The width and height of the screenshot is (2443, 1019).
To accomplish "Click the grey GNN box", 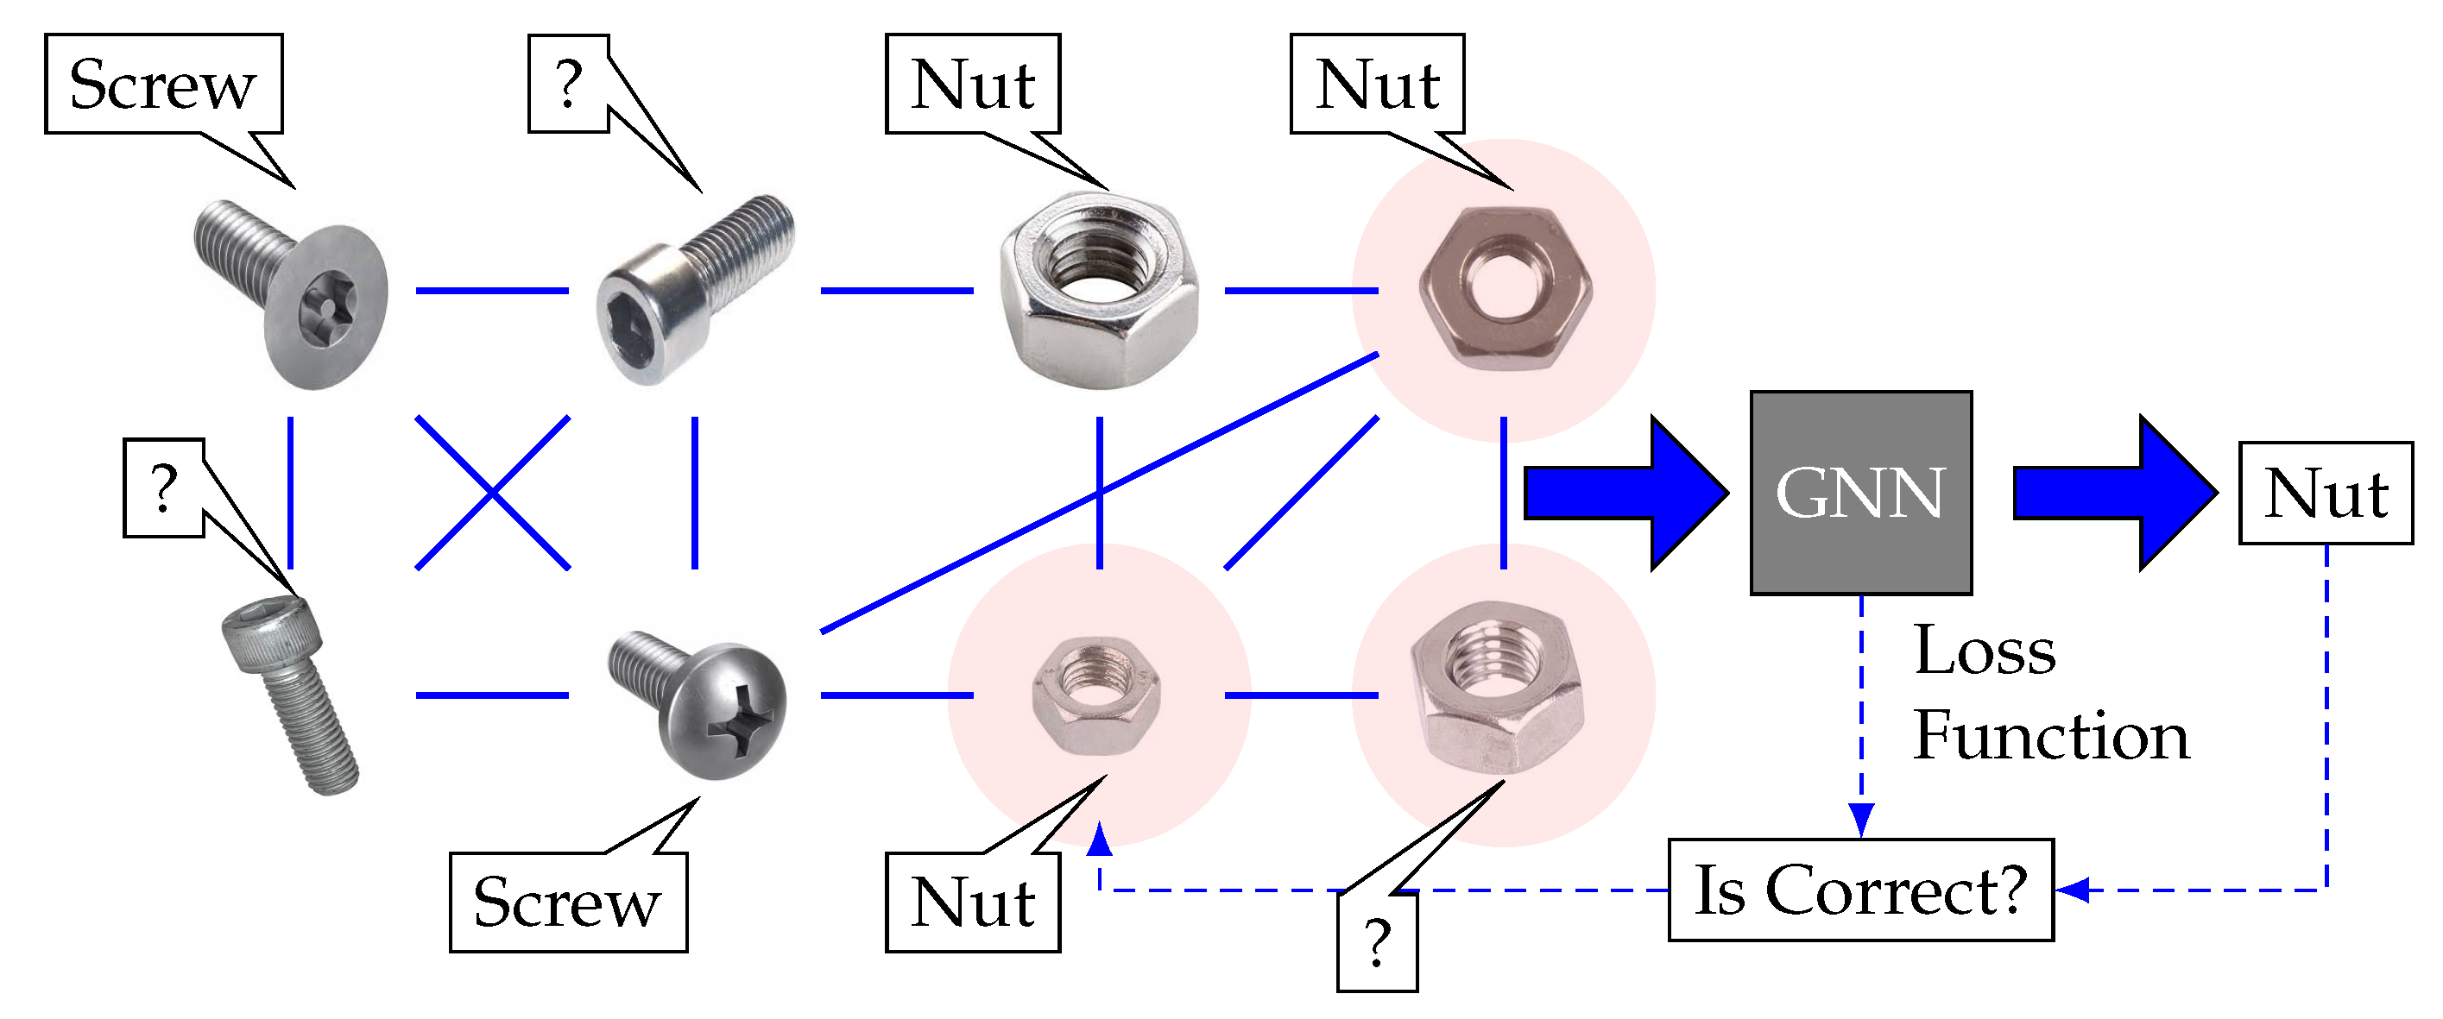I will (1859, 493).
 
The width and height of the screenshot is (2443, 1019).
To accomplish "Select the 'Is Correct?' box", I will (1859, 890).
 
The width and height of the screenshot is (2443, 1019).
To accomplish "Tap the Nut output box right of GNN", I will (2326, 493).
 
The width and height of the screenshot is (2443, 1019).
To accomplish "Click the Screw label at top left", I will (163, 85).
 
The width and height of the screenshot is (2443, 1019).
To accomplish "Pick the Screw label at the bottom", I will (567, 902).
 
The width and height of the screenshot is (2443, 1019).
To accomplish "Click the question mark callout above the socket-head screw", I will (568, 85).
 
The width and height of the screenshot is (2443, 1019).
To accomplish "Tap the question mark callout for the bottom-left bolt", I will (164, 488).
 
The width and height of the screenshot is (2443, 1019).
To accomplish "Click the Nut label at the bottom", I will (972, 902).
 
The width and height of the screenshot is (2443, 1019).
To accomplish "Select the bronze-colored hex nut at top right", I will (1504, 288).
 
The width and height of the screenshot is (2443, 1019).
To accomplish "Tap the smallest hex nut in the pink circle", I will (1096, 695).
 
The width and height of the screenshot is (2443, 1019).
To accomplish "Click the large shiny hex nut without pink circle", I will (1099, 289).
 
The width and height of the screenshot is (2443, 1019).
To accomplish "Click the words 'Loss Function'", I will (2048, 694).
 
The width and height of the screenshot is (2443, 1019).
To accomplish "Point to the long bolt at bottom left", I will (290, 695).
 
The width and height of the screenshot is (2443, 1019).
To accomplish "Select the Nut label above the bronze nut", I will (1377, 85).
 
